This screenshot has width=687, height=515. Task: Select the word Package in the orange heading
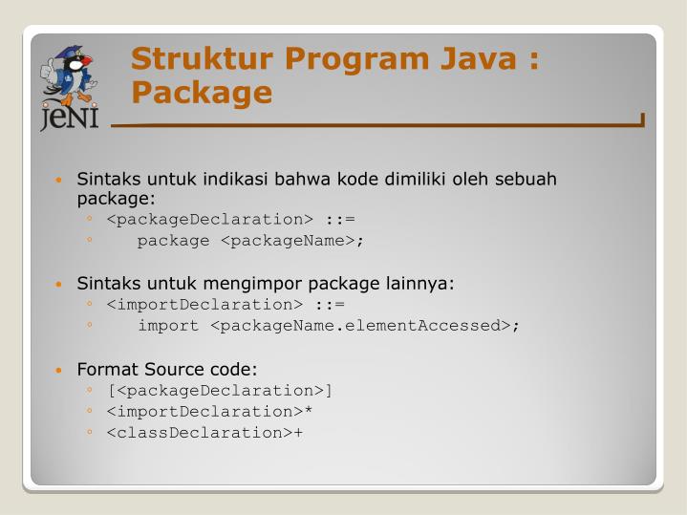coord(202,93)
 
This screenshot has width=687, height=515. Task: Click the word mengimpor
coord(230,284)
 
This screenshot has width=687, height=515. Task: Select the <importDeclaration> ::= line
coord(225,305)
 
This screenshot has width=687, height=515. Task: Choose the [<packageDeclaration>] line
coord(221,390)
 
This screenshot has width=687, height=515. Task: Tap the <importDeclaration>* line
coord(210,411)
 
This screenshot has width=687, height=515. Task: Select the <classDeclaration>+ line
coord(205,432)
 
